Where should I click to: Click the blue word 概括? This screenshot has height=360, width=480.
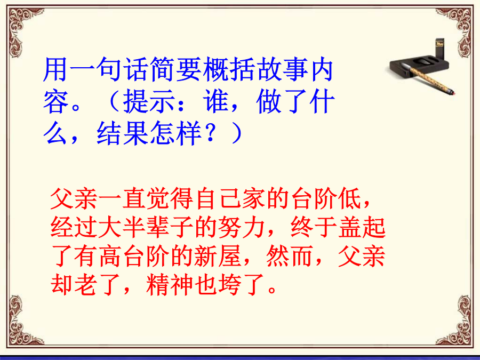point(228,70)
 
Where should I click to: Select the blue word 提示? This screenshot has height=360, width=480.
point(149,102)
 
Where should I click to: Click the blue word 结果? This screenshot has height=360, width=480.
point(122,133)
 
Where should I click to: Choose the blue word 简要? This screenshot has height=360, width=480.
point(174,70)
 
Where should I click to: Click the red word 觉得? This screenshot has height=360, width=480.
point(170,199)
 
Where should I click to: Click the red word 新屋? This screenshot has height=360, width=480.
point(218,257)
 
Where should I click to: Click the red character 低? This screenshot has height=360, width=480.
point(350,199)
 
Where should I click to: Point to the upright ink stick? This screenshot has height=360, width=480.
point(440,48)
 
